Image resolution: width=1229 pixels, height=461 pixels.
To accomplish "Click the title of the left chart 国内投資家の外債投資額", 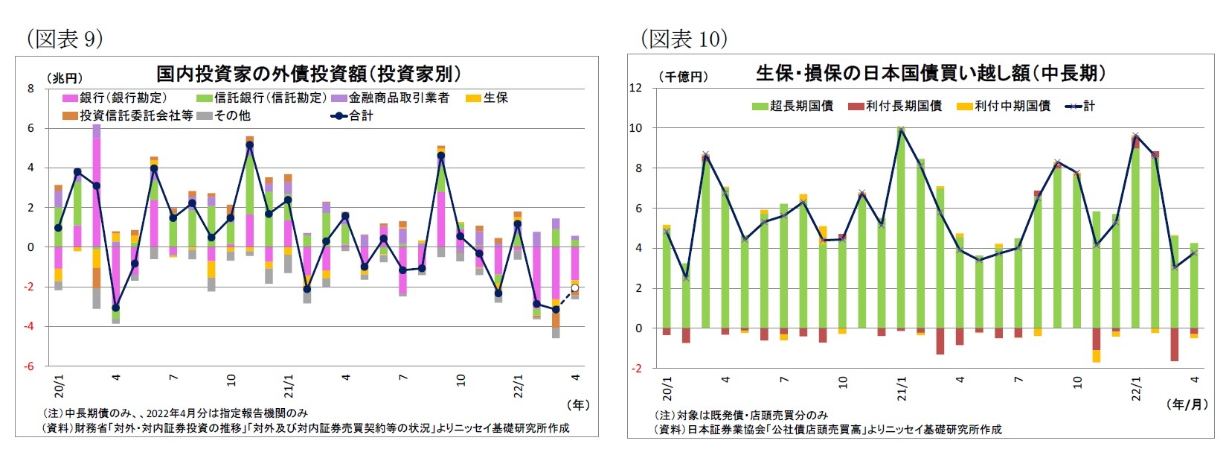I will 309,74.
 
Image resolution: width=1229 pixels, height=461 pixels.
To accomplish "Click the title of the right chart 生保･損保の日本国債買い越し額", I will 930,73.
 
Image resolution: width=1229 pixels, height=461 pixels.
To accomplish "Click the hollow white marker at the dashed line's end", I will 574,287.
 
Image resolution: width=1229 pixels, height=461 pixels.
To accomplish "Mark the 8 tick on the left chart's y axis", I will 31,89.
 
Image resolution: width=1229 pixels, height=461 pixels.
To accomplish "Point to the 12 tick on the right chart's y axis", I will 635,88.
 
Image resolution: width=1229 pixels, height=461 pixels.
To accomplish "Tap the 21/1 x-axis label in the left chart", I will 288,387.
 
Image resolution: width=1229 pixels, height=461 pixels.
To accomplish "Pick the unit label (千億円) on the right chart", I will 682,77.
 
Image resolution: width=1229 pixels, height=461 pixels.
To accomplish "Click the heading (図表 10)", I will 683,39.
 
